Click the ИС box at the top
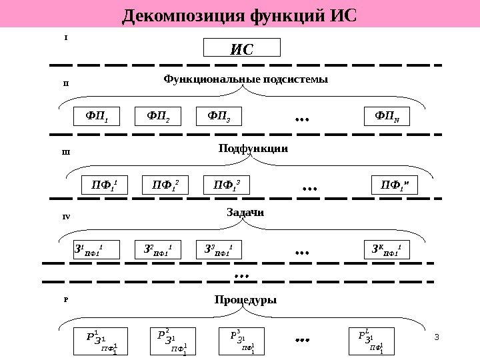(241, 48)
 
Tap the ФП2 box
(158, 117)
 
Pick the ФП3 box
(219, 117)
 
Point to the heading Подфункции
(253, 148)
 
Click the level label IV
(66, 217)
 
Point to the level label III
(65, 153)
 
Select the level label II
(65, 84)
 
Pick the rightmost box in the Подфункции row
(394, 185)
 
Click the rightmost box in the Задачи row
(389, 250)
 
